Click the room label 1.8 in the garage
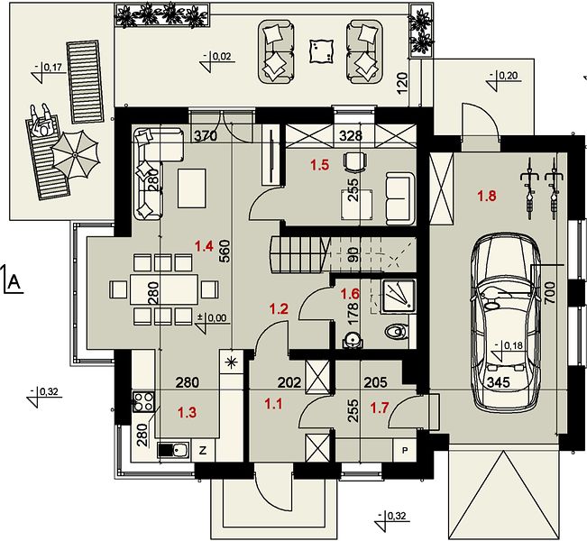coord(487,196)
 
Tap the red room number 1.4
coord(204,246)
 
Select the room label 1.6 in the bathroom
coord(350,294)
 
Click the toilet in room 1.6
coord(396,331)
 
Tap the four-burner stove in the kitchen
coord(143,402)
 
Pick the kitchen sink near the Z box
coord(174,450)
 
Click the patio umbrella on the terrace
coord(75,154)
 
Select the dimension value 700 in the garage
coord(549,294)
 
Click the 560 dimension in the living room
coord(225,252)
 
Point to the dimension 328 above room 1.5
coord(351,136)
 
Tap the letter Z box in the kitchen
coord(203,451)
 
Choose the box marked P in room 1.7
coord(405,451)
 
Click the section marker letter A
coord(14,281)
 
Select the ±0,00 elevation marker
coord(212,318)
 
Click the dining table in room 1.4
coord(164,289)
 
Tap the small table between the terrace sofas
coord(321,50)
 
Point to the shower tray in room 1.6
coord(399,297)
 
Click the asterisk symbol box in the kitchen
coord(232,362)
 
